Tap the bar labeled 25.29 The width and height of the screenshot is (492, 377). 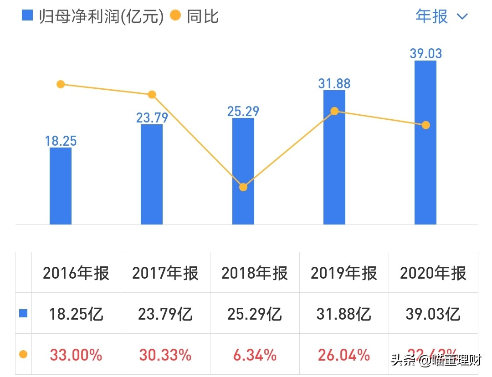tap(243, 171)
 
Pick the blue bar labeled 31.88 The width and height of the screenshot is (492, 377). tap(334, 157)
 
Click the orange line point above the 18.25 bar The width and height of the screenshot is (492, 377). tap(61, 84)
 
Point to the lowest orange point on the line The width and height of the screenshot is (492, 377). tap(243, 187)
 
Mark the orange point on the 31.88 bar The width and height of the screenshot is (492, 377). tap(334, 111)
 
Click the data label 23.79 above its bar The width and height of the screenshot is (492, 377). tap(152, 118)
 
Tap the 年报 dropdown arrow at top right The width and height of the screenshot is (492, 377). tap(462, 17)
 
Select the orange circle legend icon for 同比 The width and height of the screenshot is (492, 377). tap(175, 16)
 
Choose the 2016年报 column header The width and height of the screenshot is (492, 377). tap(76, 273)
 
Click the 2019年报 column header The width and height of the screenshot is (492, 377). tap(344, 273)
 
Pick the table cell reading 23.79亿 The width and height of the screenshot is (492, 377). tap(165, 314)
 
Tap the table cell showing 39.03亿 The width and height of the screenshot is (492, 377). tap(433, 314)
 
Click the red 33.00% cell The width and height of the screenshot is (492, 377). tap(76, 355)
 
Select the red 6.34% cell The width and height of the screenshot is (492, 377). tap(255, 355)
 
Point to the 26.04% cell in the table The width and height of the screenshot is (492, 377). tap(344, 355)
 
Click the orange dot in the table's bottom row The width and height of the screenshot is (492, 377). tap(23, 355)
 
